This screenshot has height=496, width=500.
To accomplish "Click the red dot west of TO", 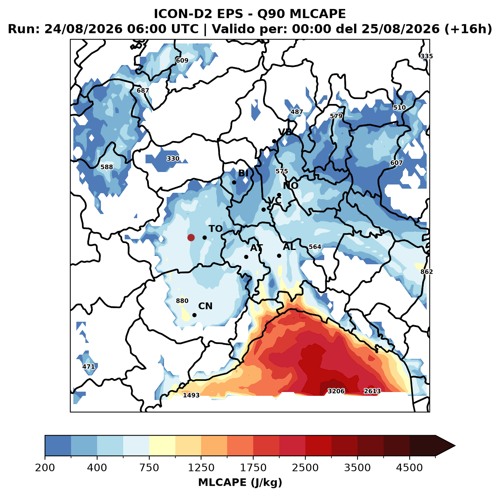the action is pos(191,237).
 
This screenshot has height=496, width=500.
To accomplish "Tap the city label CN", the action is pos(205,306).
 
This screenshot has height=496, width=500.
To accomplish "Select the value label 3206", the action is pos(336,391).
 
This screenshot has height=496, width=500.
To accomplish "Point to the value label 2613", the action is pos(372,391).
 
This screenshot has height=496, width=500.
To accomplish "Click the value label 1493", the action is pos(191,395).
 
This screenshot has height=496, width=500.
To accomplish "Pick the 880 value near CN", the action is pos(182,301).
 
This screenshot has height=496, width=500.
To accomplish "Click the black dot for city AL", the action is pos(279,256).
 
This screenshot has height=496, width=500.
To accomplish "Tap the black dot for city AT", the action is pos(246,257).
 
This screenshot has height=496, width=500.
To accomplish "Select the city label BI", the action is pos(243,173).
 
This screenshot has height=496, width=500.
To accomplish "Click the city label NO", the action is pos(290,186).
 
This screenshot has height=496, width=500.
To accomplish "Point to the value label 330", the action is pos(173,158).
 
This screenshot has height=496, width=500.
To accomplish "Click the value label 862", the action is pos(427,271).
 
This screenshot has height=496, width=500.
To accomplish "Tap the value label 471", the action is pos(89,366).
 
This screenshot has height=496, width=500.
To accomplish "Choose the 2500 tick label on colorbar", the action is pos(305,468).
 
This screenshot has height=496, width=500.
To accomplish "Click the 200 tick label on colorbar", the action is pos(45,468).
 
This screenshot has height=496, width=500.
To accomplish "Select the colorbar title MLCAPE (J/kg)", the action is pos(240,482).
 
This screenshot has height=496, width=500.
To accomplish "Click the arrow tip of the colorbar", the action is pos(455,446).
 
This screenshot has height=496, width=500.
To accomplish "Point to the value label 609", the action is pos(182,60).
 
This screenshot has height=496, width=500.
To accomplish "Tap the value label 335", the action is pos(427,56).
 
